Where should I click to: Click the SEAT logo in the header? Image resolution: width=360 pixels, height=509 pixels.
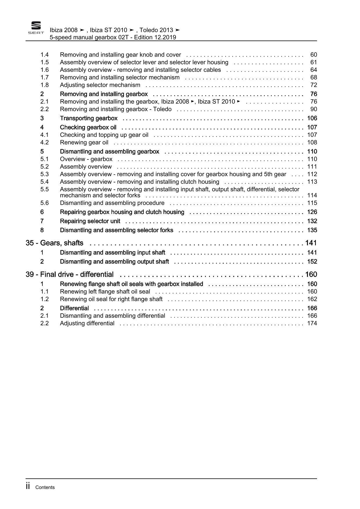(36, 28)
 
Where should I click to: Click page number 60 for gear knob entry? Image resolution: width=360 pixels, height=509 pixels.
(314, 55)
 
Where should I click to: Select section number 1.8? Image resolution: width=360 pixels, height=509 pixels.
(44, 85)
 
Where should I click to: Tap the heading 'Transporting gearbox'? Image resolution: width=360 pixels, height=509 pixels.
(89, 118)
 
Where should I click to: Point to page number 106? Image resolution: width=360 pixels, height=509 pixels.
(312, 118)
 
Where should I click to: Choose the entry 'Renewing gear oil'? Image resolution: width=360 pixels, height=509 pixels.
(84, 142)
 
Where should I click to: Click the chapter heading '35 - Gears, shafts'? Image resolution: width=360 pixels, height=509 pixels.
(55, 243)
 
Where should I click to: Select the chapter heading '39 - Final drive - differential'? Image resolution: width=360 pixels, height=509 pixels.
(70, 274)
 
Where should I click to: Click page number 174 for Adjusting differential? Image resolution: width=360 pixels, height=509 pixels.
(312, 323)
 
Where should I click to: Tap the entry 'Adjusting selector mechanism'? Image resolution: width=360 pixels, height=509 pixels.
(100, 85)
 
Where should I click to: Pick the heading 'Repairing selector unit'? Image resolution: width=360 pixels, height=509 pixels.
(90, 221)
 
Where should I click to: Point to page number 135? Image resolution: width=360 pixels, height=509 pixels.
(312, 230)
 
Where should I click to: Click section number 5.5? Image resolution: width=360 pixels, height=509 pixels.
(44, 189)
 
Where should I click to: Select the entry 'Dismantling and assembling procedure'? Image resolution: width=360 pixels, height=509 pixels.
(112, 203)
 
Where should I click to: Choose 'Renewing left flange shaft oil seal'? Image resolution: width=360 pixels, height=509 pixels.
(105, 292)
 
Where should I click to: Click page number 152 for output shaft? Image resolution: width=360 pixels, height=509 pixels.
(312, 262)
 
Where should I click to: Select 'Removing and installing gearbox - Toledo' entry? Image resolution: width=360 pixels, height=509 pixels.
(116, 109)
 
